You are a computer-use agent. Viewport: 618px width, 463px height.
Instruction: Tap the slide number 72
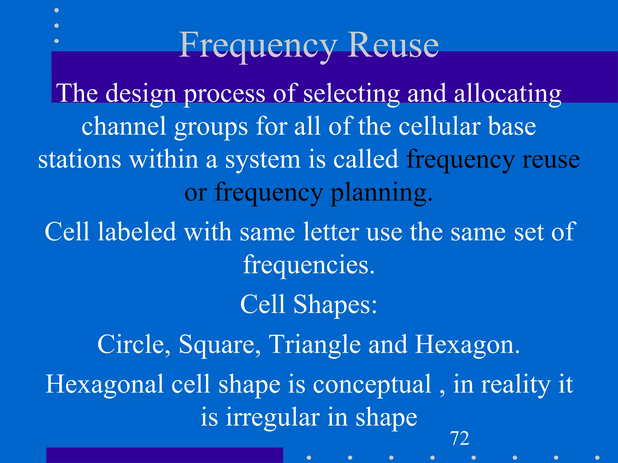point(460,438)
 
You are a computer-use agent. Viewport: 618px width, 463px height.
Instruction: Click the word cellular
point(439,127)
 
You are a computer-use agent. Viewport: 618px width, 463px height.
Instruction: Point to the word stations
point(80,160)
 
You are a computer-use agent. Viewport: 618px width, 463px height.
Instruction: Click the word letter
point(331,232)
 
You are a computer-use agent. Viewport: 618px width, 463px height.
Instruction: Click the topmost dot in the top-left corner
point(56,10)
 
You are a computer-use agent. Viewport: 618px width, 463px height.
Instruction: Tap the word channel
point(124,127)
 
